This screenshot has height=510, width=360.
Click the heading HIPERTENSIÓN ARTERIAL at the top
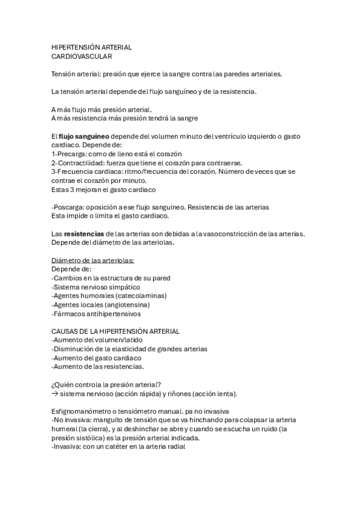pyautogui.click(x=92, y=47)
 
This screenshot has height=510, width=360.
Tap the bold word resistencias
pyautogui.click(x=84, y=233)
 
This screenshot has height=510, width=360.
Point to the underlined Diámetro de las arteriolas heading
pyautogui.click(x=93, y=260)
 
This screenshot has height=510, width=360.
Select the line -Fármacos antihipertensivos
pyautogui.click(x=96, y=313)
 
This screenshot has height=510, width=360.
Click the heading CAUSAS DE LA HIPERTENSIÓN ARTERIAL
pyautogui.click(x=115, y=331)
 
